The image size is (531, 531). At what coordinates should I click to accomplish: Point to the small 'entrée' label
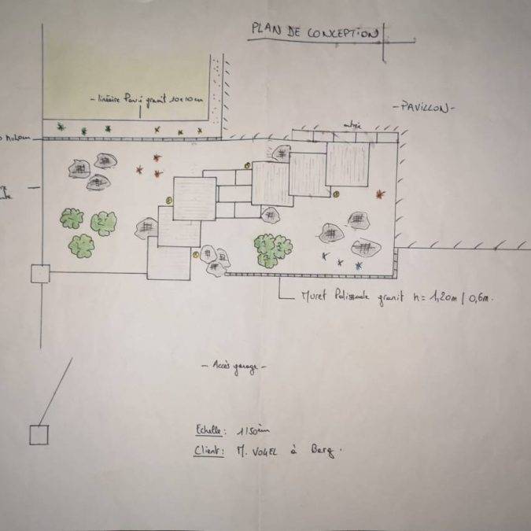(x=352, y=124)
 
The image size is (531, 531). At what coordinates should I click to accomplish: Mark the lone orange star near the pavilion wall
(x=382, y=193)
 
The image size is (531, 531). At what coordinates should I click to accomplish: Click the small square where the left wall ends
(x=40, y=274)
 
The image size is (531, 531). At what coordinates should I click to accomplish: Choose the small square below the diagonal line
(x=39, y=434)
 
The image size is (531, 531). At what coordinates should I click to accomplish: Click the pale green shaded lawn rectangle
(x=126, y=71)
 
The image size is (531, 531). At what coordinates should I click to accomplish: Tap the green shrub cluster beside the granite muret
(x=272, y=250)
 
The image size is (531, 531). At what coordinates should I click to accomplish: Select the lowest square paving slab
(x=168, y=263)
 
